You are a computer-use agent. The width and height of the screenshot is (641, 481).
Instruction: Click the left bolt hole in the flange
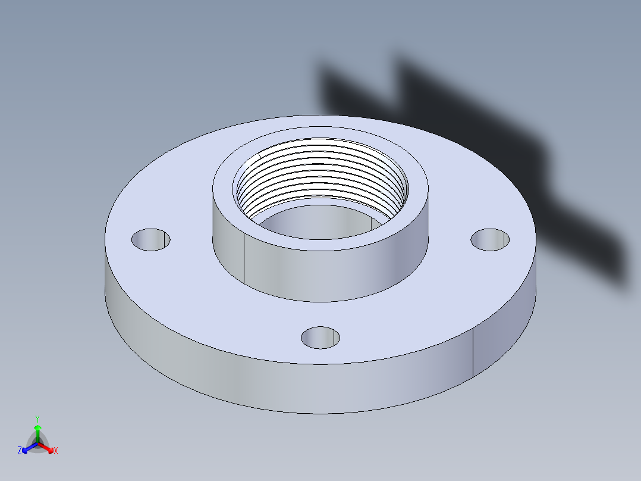150,239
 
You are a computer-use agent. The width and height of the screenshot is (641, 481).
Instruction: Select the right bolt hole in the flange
491,239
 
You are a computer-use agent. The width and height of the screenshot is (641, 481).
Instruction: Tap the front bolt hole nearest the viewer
320,338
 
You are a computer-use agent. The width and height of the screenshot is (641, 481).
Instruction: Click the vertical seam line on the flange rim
473,354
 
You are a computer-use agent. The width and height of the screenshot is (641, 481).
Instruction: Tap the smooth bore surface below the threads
315,223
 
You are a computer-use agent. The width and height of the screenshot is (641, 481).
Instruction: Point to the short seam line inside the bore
372,223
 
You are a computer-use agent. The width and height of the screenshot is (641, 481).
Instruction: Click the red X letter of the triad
56,451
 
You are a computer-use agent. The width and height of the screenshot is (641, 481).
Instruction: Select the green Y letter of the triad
37,418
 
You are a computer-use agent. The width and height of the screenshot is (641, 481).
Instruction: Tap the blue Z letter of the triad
20,451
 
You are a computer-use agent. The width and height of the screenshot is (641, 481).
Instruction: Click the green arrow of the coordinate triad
37,432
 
